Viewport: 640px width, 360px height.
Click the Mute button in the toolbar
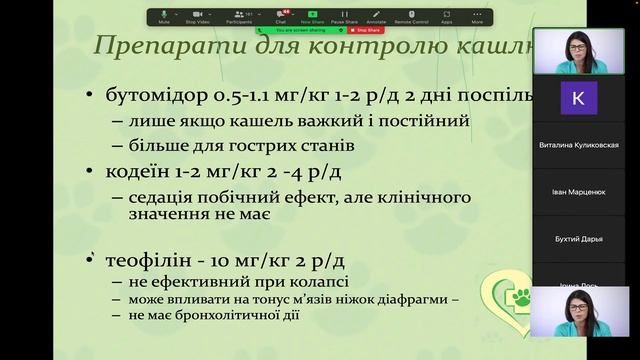pos(164,16)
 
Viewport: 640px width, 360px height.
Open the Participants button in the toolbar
pos(240,16)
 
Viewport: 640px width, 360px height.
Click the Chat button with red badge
pos(282,16)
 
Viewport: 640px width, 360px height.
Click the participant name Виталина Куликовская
pos(586,145)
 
